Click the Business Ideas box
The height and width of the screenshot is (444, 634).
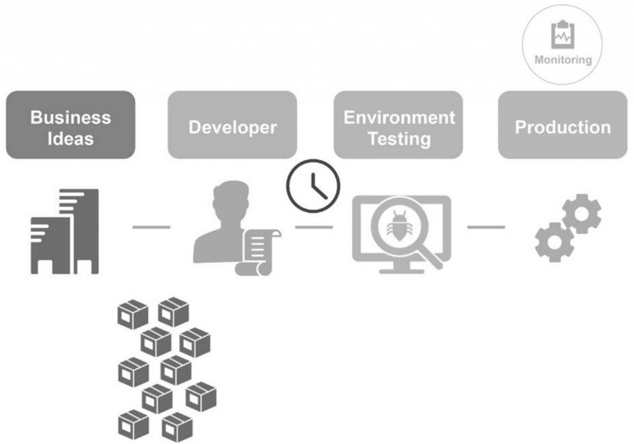[71, 125]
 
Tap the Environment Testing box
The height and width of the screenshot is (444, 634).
[399, 125]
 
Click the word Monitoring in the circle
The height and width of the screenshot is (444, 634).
[563, 60]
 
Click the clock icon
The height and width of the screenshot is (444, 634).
[313, 184]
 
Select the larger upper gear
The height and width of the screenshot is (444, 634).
[581, 213]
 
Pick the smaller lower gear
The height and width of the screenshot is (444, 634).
[552, 242]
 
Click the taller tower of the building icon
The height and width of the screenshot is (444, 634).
[81, 229]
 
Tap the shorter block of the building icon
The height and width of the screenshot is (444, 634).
[50, 244]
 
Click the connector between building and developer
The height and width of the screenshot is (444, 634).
[151, 227]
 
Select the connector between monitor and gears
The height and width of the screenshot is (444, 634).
[485, 227]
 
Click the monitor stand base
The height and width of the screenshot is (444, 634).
[401, 270]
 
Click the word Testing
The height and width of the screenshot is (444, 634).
[399, 138]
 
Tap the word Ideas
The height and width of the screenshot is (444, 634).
[71, 138]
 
